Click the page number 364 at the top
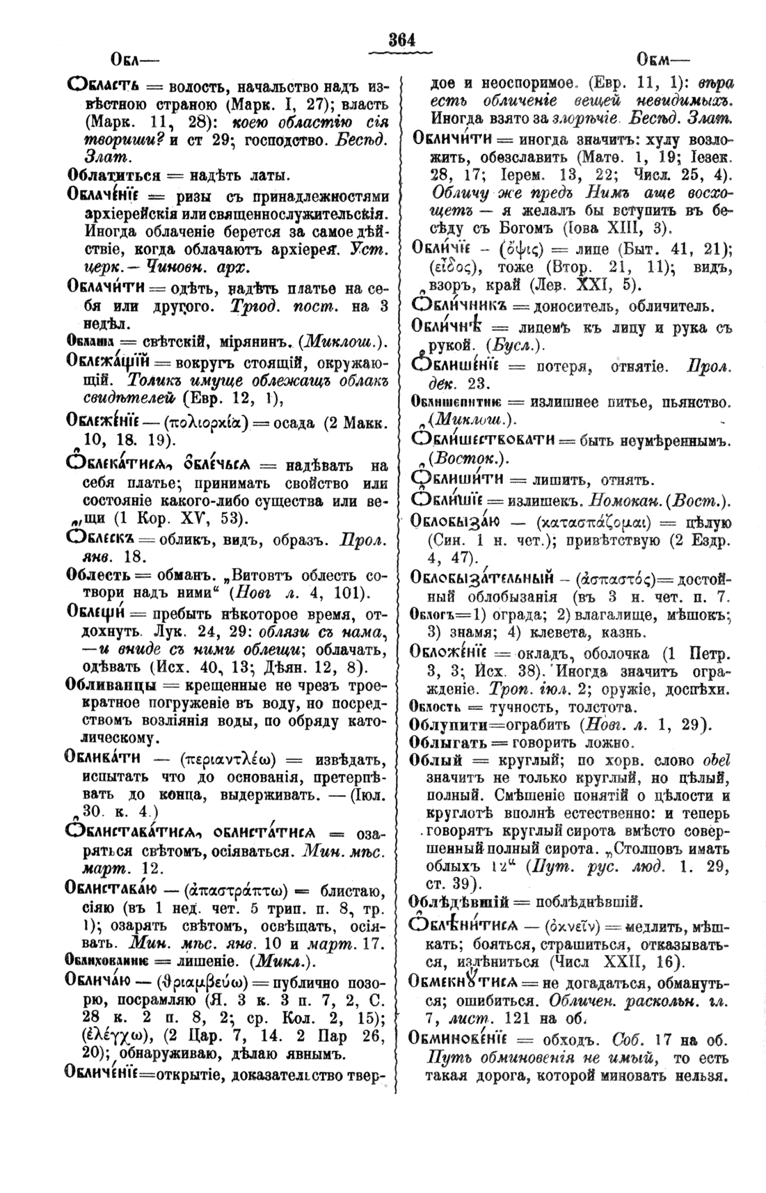(401, 40)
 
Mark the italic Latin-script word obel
(708, 760)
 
